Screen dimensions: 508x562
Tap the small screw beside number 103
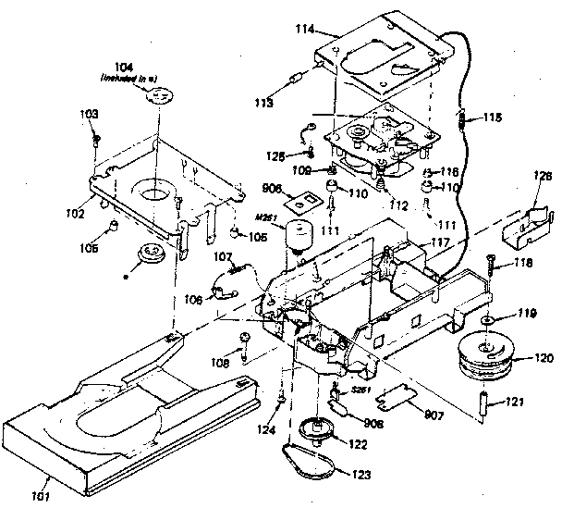tap(96, 142)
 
